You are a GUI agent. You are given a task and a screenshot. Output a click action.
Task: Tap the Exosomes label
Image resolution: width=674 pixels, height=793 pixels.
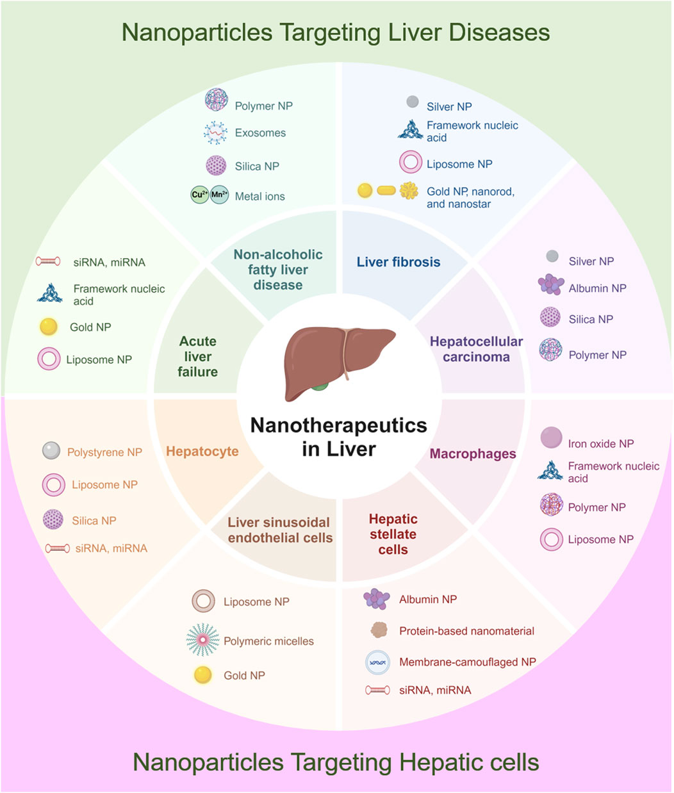pyautogui.click(x=260, y=133)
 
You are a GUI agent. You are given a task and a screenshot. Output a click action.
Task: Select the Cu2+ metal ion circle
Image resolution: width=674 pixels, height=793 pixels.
pyautogui.click(x=200, y=195)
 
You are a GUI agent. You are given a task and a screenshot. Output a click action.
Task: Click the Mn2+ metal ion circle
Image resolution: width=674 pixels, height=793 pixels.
pyautogui.click(x=219, y=195)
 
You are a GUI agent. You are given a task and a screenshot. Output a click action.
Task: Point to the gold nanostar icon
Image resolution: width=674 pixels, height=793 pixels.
pyautogui.click(x=409, y=191)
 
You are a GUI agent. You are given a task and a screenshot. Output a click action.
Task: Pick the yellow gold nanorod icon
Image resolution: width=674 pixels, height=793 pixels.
pyautogui.click(x=386, y=191)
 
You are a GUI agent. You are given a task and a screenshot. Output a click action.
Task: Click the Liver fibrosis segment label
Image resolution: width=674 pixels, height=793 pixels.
pyautogui.click(x=399, y=262)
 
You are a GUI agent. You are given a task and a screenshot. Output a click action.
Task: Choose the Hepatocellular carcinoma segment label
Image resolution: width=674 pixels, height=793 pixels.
pyautogui.click(x=476, y=349)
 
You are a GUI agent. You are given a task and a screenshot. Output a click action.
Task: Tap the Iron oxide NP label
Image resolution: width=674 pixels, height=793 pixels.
pyautogui.click(x=600, y=443)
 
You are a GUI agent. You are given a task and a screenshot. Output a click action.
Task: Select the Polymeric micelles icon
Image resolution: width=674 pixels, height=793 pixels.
pyautogui.click(x=202, y=640)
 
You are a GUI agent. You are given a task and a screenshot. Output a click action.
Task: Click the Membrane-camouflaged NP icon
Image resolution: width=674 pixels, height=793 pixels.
pyautogui.click(x=377, y=662)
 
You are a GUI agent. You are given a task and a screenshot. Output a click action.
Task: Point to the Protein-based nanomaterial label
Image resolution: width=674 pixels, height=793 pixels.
pyautogui.click(x=466, y=631)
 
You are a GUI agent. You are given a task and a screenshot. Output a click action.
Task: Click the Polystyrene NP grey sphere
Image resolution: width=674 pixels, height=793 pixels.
pyautogui.click(x=51, y=451)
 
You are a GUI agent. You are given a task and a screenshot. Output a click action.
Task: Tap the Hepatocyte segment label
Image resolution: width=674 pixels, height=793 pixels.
pyautogui.click(x=202, y=452)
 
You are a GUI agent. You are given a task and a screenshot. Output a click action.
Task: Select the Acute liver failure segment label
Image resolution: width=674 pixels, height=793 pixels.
pyautogui.click(x=198, y=357)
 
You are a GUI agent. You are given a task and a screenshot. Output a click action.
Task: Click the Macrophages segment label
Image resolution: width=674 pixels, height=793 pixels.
pyautogui.click(x=473, y=454)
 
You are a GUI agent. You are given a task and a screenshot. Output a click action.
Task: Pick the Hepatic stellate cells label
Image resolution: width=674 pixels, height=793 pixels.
pyautogui.click(x=393, y=534)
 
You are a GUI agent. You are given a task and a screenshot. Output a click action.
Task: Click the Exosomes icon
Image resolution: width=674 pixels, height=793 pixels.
pyautogui.click(x=216, y=133)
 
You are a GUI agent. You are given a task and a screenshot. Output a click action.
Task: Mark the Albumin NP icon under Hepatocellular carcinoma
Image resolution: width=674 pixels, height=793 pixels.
pyautogui.click(x=551, y=285)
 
